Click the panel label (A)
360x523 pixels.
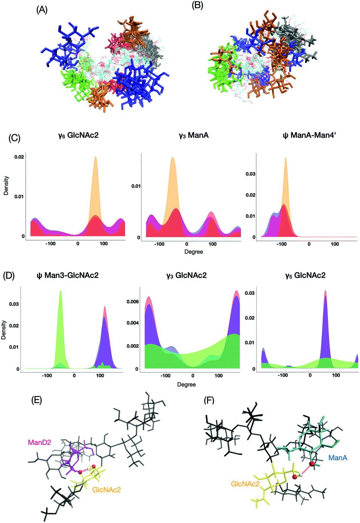click(42, 10)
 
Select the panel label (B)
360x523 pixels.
click(197, 6)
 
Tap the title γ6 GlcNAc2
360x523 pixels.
click(78, 135)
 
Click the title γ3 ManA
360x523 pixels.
click(194, 135)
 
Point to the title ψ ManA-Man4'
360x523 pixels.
click(309, 135)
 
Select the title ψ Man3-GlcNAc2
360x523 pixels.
click(67, 275)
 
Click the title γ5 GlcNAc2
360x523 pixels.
click(305, 275)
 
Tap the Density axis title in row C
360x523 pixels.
click(6, 186)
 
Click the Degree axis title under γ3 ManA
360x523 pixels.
click(194, 252)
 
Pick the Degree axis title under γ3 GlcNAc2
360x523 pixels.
click(187, 385)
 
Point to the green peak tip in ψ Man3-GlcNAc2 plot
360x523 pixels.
click(60, 291)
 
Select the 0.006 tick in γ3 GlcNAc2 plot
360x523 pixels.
click(132, 302)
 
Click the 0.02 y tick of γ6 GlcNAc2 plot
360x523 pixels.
click(19, 157)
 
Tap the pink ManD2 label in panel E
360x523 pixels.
click(40, 443)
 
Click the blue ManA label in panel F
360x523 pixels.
click(337, 458)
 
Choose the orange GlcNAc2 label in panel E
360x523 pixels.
click(107, 490)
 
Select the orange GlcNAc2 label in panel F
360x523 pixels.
click(245, 484)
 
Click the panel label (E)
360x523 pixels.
click(37, 400)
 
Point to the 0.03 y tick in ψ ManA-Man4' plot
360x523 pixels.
click(250, 174)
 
